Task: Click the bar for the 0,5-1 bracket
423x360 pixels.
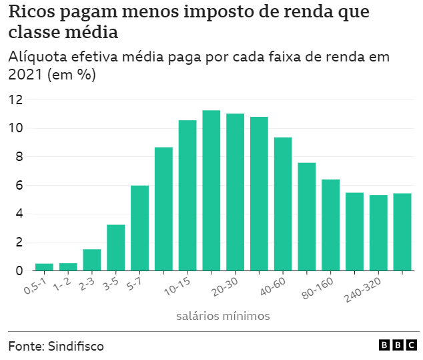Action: coord(44,266)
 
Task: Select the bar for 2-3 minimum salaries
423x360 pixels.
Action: coord(92,260)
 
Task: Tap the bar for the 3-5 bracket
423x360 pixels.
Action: coord(115,248)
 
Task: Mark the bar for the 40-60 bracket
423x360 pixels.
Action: coord(283,204)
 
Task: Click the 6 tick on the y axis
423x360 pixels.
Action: coord(19,186)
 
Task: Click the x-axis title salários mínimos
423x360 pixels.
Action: coord(223,315)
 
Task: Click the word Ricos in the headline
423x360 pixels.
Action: coord(33,13)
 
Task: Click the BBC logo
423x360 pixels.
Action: coord(398,345)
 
